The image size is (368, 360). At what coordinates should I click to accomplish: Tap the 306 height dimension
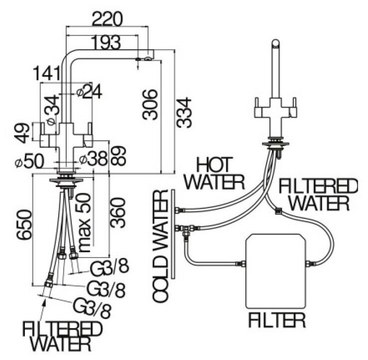coord(149,104)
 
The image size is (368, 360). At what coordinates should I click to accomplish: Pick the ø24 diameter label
coord(89,90)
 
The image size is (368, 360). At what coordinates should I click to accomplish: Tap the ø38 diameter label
coord(93,159)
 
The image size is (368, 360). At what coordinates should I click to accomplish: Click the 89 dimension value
coord(118,156)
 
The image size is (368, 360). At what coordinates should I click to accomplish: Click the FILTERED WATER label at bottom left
coord(62,335)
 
